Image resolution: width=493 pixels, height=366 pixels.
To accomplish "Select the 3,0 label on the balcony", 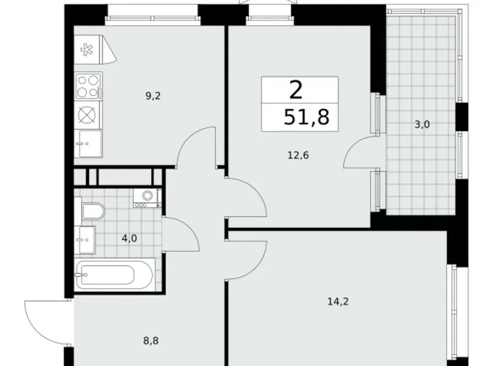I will (x=422, y=124).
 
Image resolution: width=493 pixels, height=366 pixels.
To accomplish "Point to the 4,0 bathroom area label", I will (x=128, y=239).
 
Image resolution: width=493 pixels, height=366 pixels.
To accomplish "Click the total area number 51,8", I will (x=307, y=117).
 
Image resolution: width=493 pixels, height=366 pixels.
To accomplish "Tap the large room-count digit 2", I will (x=296, y=91).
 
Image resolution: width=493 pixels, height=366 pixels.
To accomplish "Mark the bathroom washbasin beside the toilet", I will (x=85, y=238).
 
